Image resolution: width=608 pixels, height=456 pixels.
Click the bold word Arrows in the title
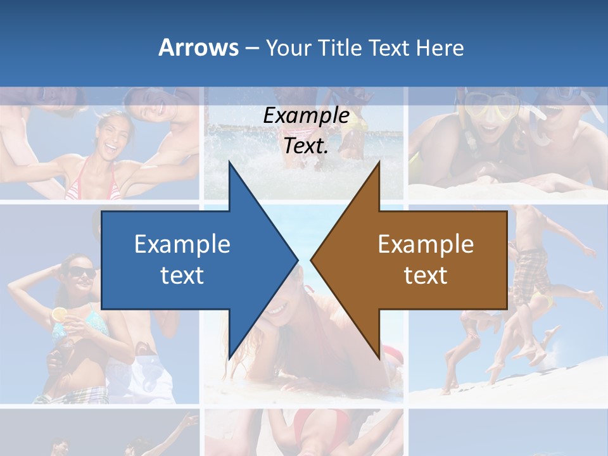tap(198, 47)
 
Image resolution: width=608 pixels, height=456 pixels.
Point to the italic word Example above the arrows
tap(306, 116)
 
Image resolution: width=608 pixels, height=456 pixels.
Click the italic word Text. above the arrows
tap(306, 146)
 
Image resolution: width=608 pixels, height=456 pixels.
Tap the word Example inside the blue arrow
tap(182, 244)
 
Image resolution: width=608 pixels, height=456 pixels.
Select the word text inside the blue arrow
tap(182, 275)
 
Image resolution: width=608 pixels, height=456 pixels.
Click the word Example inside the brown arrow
tap(426, 244)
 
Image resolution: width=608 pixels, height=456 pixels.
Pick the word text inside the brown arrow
tap(426, 275)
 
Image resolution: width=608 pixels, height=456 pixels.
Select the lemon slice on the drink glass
tap(59, 313)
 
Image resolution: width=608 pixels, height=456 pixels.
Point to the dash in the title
tap(251, 48)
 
